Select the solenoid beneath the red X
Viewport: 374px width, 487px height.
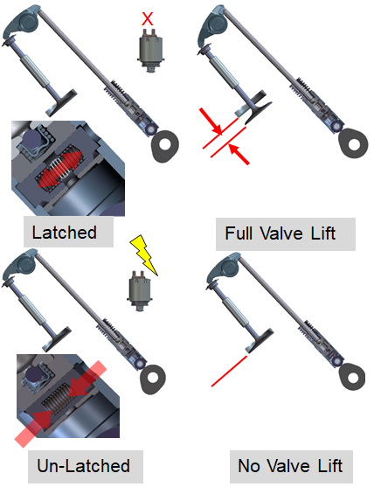148,48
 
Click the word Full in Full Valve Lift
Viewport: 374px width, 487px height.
239,233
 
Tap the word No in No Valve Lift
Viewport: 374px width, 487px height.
249,465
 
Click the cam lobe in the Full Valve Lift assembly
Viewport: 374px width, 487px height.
355,143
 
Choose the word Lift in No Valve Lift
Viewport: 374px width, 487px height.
322,465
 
